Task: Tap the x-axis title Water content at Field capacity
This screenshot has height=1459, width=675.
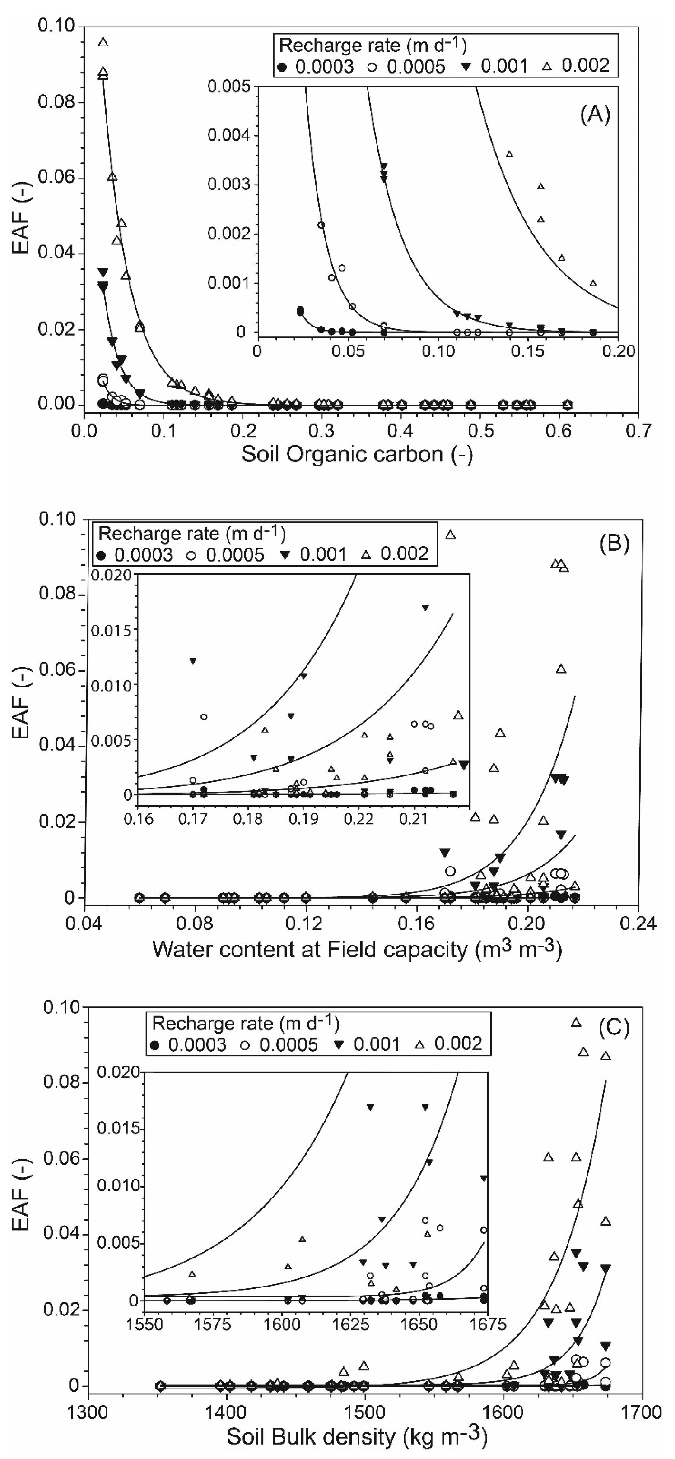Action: tap(356, 949)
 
